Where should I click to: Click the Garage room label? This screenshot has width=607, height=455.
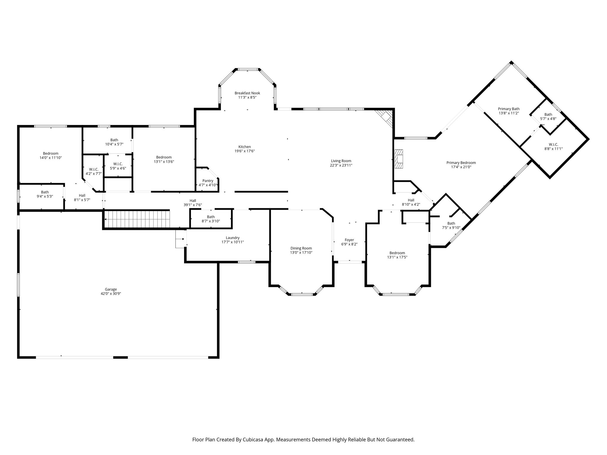click(111, 289)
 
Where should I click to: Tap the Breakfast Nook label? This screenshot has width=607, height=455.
click(247, 93)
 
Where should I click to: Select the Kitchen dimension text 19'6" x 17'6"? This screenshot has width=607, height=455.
click(245, 151)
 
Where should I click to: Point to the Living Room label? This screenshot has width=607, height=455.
click(341, 161)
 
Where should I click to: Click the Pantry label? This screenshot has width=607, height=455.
click(208, 181)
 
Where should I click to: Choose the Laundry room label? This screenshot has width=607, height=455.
click(232, 238)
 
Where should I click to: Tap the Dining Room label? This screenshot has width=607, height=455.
click(301, 249)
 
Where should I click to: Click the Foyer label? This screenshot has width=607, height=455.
click(349, 240)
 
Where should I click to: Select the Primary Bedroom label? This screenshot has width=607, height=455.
click(461, 163)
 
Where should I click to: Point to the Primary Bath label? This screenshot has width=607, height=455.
click(509, 109)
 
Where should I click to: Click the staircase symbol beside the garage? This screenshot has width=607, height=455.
click(137, 219)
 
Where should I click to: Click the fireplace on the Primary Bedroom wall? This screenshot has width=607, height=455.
click(399, 159)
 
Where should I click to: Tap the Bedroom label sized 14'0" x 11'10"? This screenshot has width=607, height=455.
click(51, 153)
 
